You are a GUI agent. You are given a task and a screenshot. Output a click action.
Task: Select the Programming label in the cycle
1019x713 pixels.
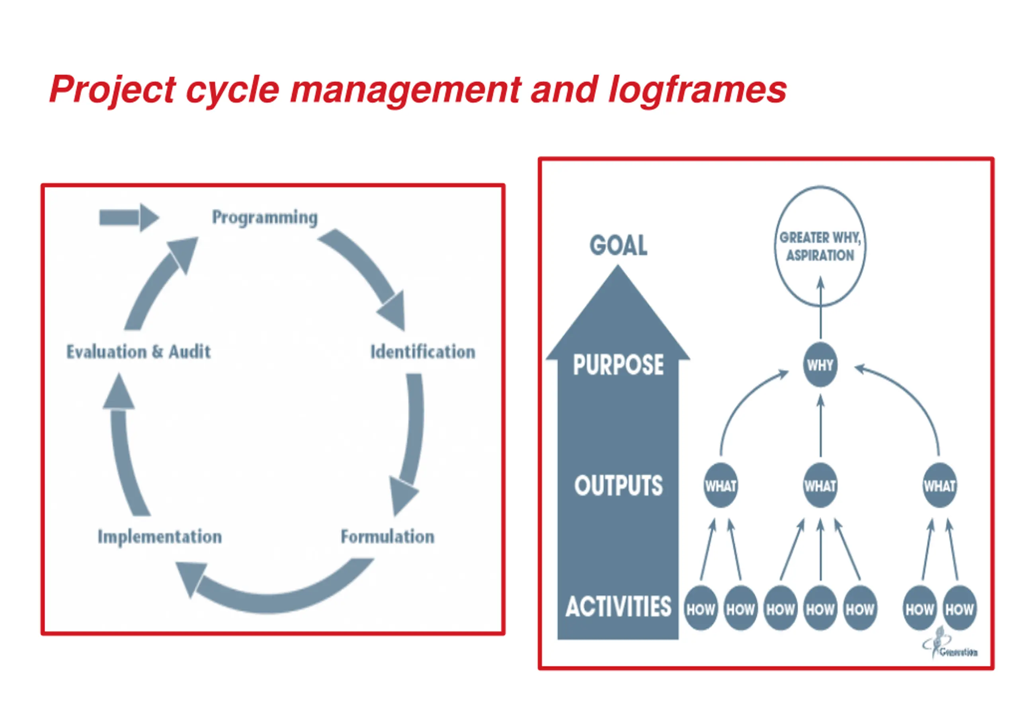[x=265, y=217]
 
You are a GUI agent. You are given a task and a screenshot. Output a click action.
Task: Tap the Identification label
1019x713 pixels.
[x=422, y=352]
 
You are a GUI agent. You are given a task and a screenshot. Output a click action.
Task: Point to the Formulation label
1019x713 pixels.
[x=387, y=536]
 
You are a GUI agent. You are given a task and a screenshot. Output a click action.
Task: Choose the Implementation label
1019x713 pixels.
[x=160, y=536]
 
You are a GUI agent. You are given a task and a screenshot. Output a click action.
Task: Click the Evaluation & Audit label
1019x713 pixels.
[x=139, y=352]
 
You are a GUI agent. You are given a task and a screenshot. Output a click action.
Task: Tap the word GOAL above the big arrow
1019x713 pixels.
[x=618, y=245]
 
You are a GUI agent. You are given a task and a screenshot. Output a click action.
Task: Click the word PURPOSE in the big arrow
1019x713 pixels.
[x=618, y=365]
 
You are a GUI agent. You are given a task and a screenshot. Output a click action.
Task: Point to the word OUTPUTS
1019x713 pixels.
[x=618, y=485]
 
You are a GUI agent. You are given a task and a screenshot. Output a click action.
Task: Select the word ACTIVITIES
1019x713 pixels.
[x=618, y=607]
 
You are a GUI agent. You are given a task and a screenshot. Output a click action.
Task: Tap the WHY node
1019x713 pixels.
[x=820, y=365]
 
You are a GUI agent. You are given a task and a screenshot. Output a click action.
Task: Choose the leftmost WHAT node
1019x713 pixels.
[x=721, y=486]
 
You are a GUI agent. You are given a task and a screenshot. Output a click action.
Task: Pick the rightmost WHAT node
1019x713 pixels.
[x=939, y=486]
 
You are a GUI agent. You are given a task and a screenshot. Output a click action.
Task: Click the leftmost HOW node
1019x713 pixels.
[x=701, y=609]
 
